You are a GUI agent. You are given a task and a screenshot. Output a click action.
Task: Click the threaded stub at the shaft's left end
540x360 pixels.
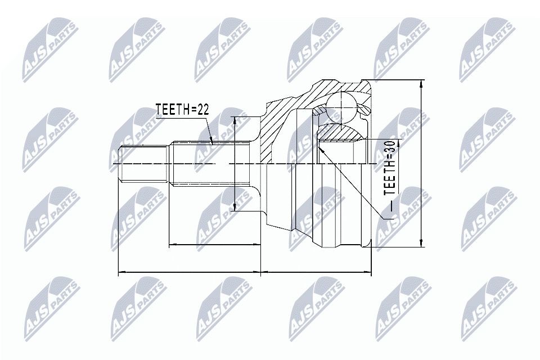pyautogui.click(x=144, y=164)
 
